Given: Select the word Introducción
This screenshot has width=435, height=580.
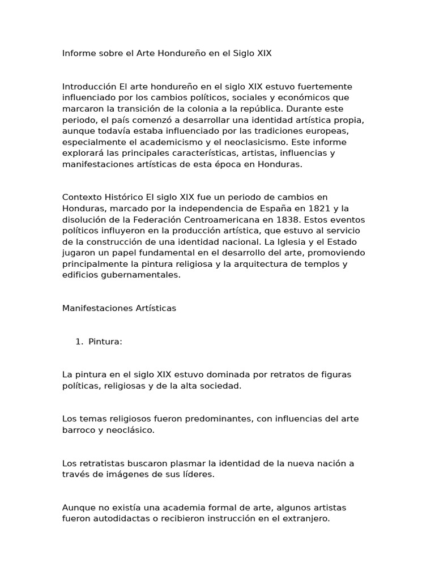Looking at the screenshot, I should [89, 87].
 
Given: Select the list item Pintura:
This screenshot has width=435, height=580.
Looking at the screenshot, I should [105, 342].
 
